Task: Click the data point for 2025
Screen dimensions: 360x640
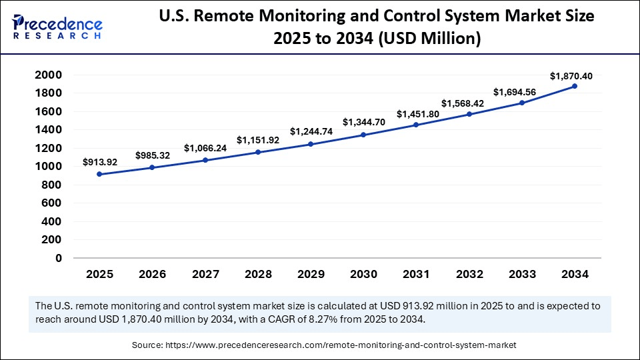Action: pyautogui.click(x=99, y=174)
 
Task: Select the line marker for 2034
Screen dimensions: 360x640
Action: pyautogui.click(x=574, y=87)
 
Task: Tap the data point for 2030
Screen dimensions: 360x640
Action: pyautogui.click(x=363, y=135)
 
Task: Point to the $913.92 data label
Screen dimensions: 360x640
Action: pyautogui.click(x=99, y=162)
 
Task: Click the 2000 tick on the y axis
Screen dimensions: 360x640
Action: pyautogui.click(x=49, y=75)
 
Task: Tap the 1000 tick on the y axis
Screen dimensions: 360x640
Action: pyautogui.click(x=49, y=167)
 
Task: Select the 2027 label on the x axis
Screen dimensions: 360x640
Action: pyautogui.click(x=204, y=274)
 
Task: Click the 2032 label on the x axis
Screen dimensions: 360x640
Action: pyautogui.click(x=469, y=274)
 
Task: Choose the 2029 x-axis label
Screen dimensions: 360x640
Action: pyautogui.click(x=310, y=274)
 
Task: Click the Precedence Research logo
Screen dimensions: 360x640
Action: pyautogui.click(x=57, y=27)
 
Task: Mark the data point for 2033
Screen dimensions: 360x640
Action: pyautogui.click(x=521, y=103)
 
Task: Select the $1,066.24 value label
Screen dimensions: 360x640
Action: pyautogui.click(x=204, y=148)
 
